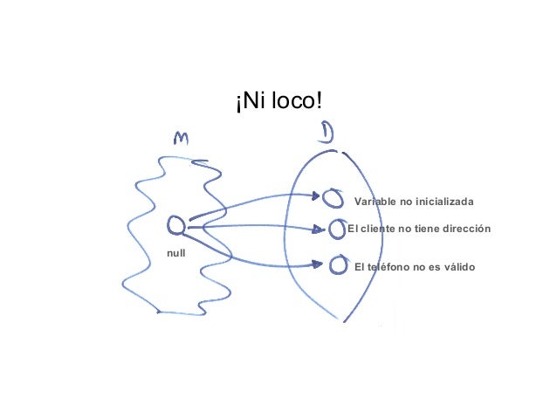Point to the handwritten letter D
(x=327, y=134)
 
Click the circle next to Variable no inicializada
(x=332, y=198)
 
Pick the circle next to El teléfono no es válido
(x=339, y=264)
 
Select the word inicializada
(x=444, y=202)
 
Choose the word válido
(x=457, y=265)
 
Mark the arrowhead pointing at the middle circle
(x=321, y=230)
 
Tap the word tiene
(x=422, y=229)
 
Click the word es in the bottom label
(x=431, y=265)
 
